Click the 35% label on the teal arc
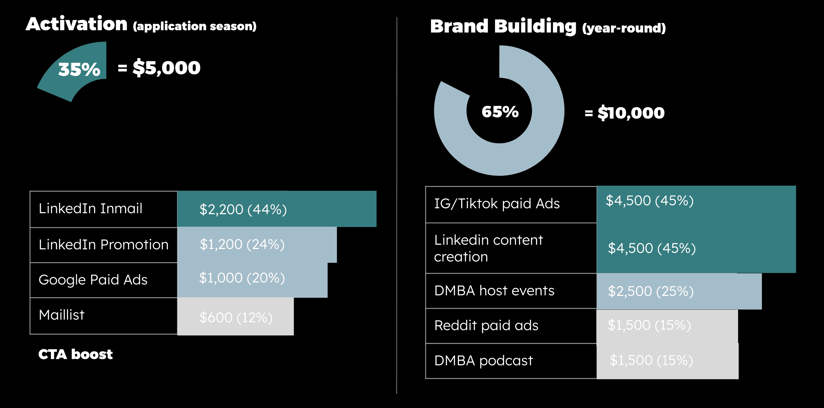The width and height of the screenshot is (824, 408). point(79,69)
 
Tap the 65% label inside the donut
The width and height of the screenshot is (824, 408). point(500,112)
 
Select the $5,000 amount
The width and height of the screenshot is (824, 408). point(166,68)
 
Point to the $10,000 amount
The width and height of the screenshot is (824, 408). point(631,113)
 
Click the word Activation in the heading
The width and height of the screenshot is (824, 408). point(77,24)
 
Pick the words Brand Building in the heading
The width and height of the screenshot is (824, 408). point(503,26)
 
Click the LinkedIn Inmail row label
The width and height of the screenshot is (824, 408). point(91,209)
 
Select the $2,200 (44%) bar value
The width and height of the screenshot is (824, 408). point(243,210)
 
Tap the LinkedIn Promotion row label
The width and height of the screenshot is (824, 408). point(103,245)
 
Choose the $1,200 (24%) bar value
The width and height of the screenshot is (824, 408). point(242,244)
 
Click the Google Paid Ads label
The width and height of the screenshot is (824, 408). point(93,280)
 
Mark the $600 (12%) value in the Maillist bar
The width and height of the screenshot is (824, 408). point(236,318)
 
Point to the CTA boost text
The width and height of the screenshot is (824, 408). point(76,354)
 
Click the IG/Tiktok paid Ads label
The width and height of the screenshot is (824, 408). point(497,204)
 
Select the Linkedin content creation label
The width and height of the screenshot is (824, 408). point(488,248)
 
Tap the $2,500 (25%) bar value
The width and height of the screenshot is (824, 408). point(650,291)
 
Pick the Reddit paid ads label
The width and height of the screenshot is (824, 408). point(486,326)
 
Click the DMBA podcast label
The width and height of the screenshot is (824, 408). point(483,361)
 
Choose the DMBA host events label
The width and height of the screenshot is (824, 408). point(494,291)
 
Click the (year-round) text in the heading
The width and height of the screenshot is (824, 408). point(624,28)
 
